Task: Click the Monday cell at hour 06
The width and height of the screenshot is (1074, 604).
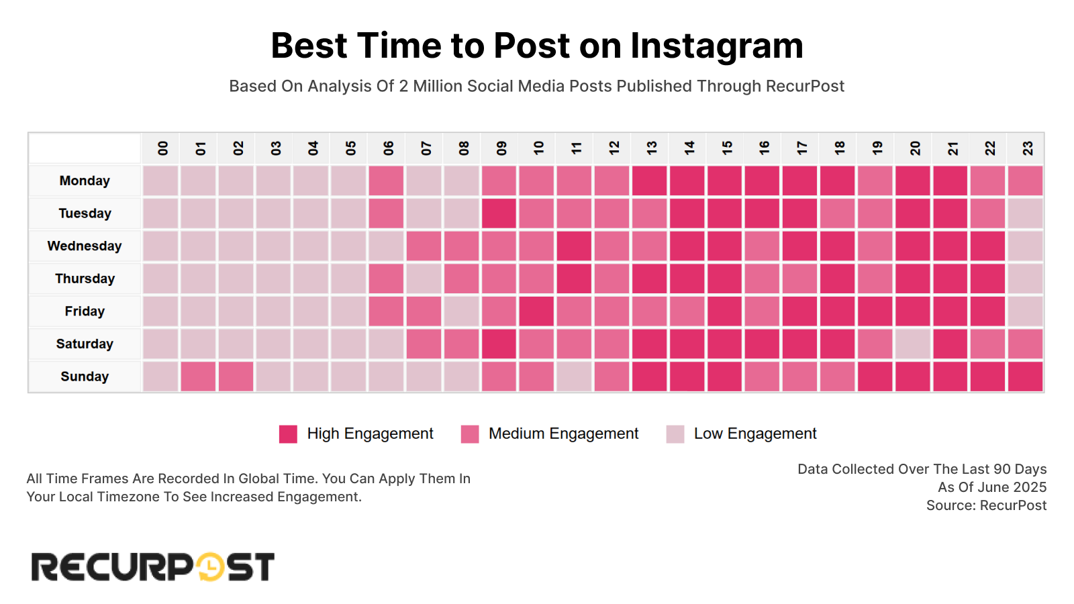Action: (386, 181)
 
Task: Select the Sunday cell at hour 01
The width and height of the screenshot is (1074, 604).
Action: (198, 376)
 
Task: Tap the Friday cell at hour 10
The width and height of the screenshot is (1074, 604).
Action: (536, 311)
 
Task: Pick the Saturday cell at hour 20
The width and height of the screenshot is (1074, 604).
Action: (912, 344)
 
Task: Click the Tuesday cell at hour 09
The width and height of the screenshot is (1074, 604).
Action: (499, 213)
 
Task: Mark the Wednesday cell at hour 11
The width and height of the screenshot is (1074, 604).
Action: (574, 246)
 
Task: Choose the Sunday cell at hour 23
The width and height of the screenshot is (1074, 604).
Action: (1025, 376)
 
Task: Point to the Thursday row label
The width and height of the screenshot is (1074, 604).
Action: (85, 279)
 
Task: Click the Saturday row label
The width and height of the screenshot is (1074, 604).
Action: (85, 344)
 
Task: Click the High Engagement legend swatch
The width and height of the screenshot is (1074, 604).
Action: (288, 434)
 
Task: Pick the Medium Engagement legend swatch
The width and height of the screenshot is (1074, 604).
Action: (470, 434)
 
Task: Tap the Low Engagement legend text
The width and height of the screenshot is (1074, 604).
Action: (754, 434)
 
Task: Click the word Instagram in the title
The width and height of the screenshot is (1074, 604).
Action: (716, 46)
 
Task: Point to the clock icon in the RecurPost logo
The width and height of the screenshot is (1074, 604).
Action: (210, 566)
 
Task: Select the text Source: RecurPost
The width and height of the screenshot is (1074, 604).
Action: (986, 505)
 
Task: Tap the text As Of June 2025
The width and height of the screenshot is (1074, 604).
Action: (991, 487)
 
